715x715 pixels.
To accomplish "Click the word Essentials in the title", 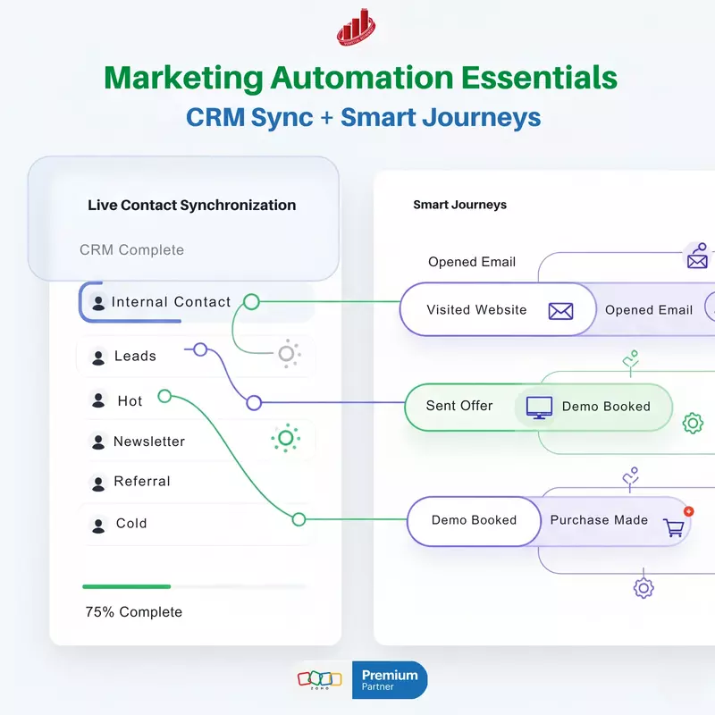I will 539,79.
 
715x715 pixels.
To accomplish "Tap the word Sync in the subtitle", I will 290,118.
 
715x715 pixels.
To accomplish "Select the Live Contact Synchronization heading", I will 191,205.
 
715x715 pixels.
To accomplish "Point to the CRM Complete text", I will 131,249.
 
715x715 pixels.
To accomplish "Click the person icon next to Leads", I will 98,357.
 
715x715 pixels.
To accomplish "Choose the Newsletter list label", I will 149,442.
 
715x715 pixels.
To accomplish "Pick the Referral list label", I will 142,482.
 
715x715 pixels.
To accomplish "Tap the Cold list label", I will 131,524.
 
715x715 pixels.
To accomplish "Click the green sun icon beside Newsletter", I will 286,438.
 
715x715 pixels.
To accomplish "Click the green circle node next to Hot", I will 164,396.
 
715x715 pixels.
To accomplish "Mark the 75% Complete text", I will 133,612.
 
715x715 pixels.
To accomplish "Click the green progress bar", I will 126,586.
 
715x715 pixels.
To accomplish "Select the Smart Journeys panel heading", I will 459,205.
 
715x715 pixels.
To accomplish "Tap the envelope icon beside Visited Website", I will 560,311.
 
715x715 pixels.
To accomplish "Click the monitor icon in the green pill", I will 539,407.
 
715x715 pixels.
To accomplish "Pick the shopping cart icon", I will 673,528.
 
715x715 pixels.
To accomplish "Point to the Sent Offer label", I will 459,406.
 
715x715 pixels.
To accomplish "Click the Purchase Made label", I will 599,520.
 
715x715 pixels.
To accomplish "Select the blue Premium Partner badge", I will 390,680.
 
